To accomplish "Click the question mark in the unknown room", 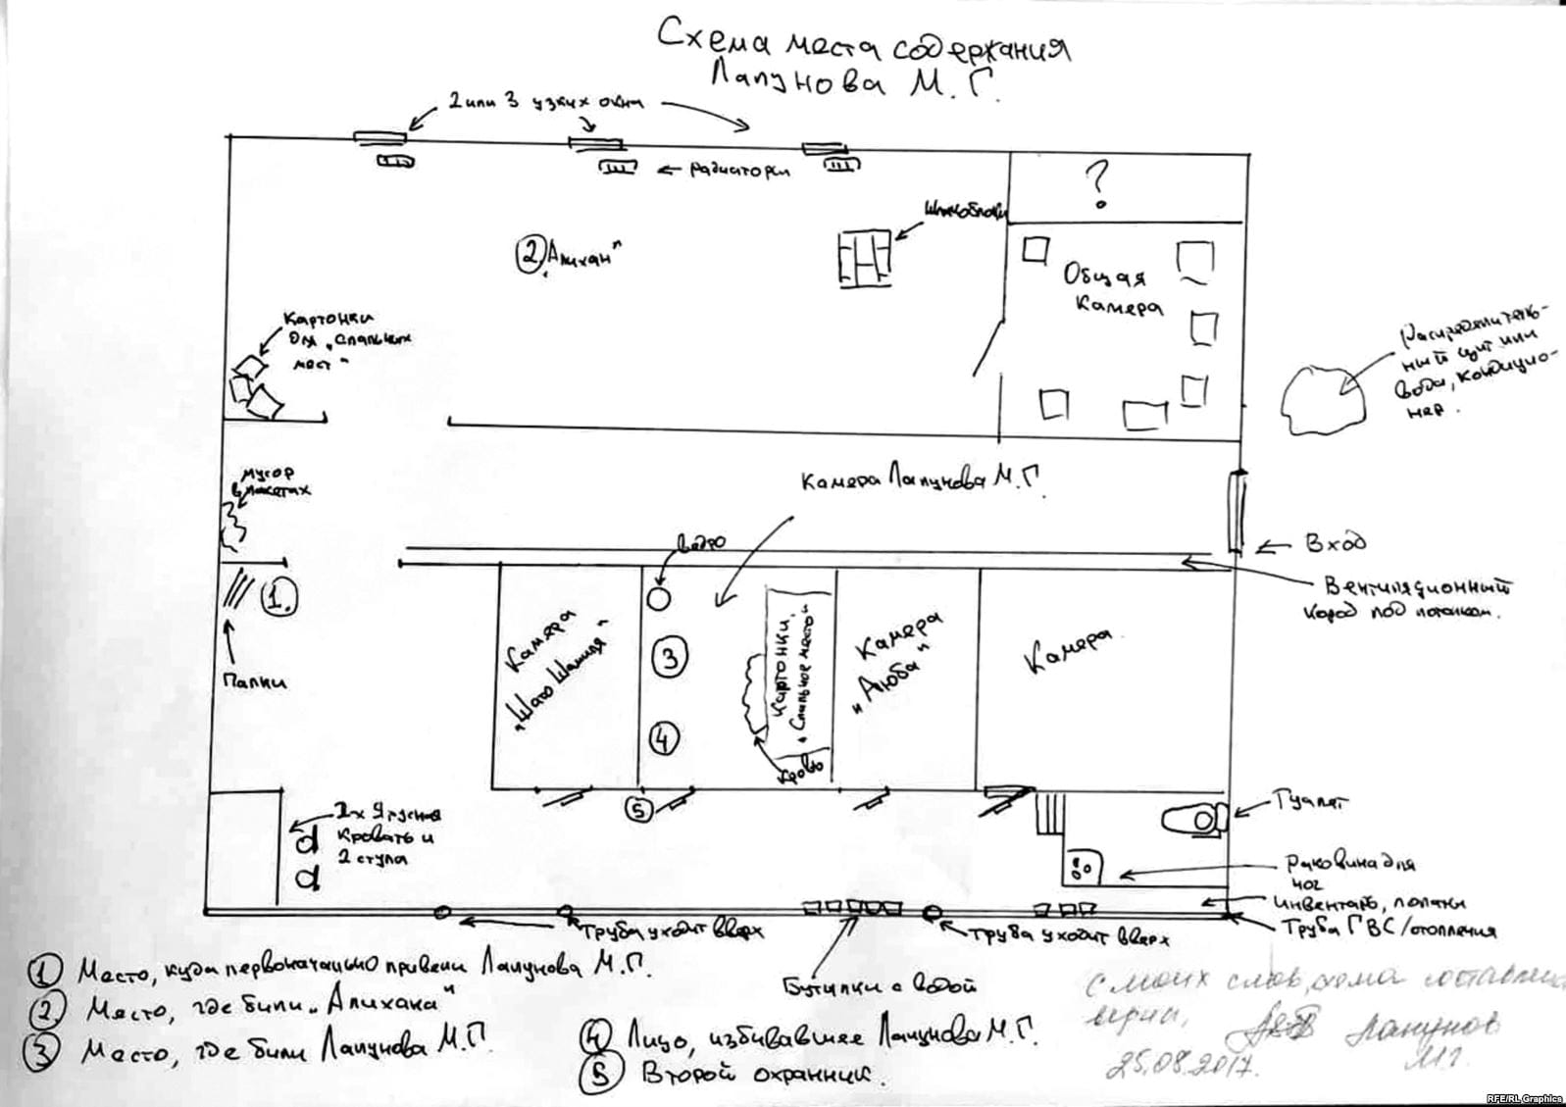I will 1098,185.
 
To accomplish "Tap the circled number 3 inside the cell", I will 669,657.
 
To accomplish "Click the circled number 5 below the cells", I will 639,810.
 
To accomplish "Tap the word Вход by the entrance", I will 1335,542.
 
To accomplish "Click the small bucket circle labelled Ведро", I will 658,596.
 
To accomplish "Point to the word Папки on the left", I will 253,680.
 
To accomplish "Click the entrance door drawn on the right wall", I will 1238,510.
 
